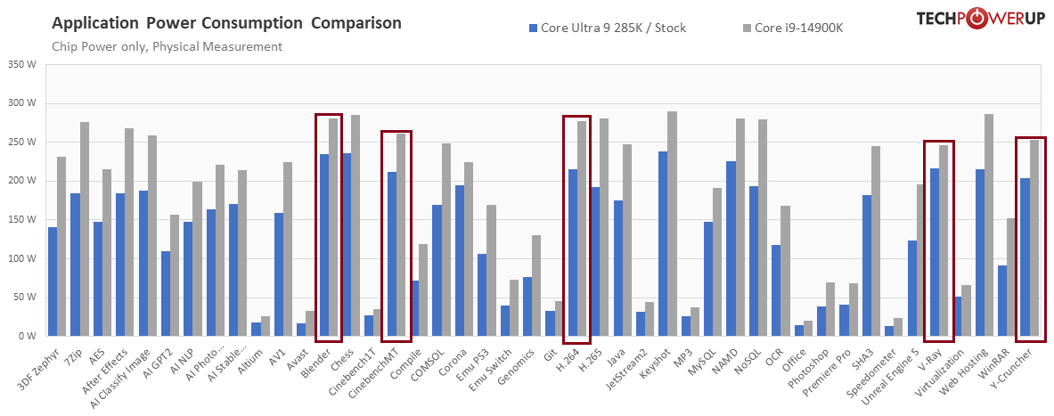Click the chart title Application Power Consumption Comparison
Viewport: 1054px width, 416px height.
click(x=226, y=23)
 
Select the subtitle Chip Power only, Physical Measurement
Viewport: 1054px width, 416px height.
click(x=167, y=46)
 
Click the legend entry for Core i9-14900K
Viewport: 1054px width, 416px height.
click(x=798, y=28)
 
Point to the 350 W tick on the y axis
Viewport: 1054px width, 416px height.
click(x=21, y=64)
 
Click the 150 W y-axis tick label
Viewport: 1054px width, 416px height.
click(x=21, y=220)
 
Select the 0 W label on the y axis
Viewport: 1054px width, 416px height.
click(x=27, y=337)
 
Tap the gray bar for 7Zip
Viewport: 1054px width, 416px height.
click(x=85, y=229)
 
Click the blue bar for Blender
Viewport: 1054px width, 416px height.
click(x=324, y=245)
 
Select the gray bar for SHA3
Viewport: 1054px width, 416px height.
click(x=875, y=241)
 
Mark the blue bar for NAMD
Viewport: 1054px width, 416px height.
click(x=731, y=249)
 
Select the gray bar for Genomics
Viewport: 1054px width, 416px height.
click(x=535, y=286)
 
